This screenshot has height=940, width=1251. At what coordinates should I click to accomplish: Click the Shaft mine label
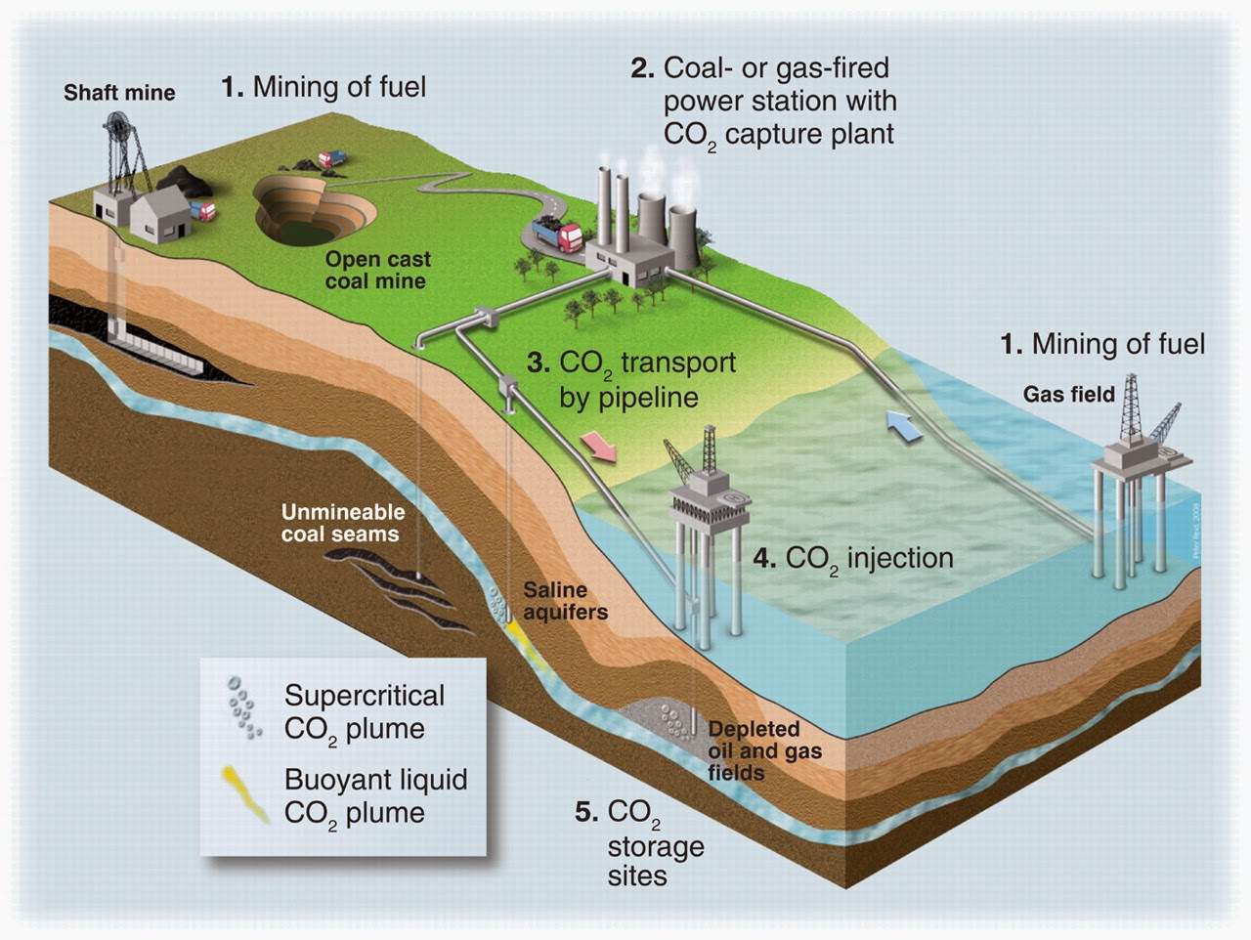(119, 93)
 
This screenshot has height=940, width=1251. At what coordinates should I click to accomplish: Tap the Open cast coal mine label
(377, 271)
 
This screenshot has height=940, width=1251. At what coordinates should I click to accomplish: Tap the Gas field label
(1068, 394)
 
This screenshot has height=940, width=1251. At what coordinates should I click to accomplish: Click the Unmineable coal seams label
(342, 523)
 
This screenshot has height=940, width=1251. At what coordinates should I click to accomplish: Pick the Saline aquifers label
(565, 601)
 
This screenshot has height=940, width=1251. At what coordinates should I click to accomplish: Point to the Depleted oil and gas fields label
(763, 750)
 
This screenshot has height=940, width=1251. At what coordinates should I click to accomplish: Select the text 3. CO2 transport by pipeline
(630, 379)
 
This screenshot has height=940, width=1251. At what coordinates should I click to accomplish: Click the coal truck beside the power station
(557, 235)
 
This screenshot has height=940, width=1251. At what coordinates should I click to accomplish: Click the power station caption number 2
(641, 68)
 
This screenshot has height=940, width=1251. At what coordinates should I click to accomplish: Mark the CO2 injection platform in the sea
(709, 528)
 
